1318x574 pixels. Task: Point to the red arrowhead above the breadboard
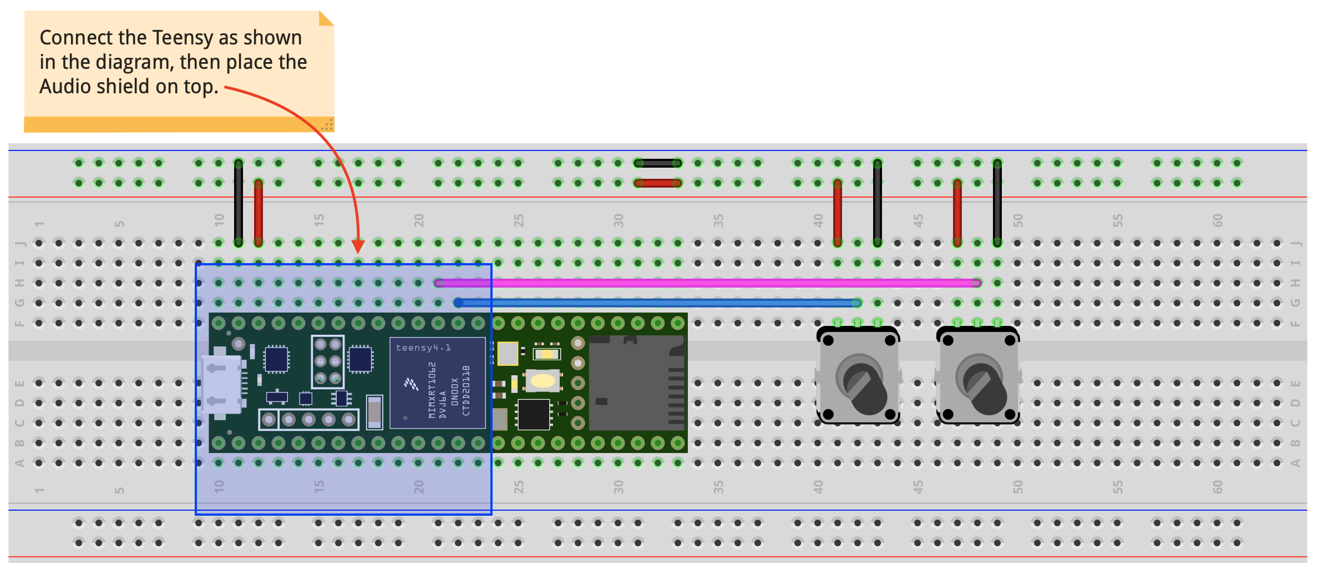pyautogui.click(x=358, y=246)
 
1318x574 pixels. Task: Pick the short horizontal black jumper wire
pyautogui.click(x=658, y=163)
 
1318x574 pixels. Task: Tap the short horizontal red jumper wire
pyautogui.click(x=658, y=183)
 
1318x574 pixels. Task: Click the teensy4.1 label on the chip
pyautogui.click(x=423, y=348)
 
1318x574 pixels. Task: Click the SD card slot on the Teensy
pyautogui.click(x=636, y=383)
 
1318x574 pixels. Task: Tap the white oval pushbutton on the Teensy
pyautogui.click(x=543, y=381)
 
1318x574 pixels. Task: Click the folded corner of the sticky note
pyautogui.click(x=326, y=18)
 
